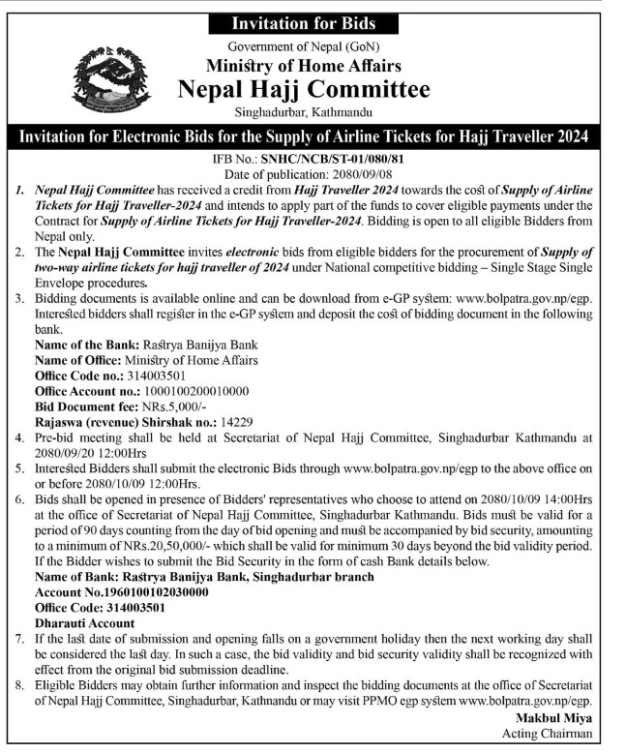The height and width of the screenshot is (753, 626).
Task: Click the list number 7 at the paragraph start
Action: (x=21, y=639)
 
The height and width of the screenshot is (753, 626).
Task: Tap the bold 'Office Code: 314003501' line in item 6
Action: (x=100, y=608)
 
